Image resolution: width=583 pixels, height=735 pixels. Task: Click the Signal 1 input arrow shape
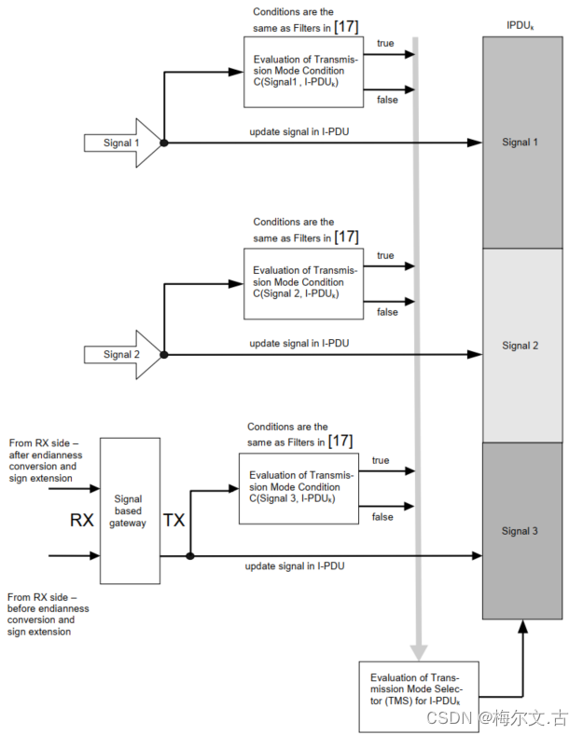click(121, 143)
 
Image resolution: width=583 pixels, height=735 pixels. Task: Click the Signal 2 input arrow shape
click(121, 354)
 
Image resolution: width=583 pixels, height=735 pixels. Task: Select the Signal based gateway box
click(129, 511)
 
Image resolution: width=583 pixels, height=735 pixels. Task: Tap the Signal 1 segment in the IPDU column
click(521, 143)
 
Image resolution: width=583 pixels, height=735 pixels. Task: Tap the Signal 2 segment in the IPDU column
click(521, 346)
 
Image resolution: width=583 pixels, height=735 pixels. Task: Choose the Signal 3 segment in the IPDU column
click(521, 531)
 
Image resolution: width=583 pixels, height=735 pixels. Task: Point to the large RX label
click(82, 520)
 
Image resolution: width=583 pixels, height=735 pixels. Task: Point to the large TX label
click(174, 520)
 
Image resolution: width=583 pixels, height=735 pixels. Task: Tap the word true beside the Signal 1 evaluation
click(384, 44)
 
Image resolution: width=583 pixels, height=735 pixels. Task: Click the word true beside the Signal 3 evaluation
click(381, 460)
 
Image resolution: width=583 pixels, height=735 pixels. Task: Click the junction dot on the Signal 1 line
click(164, 143)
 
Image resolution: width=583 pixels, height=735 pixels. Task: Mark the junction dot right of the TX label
click(190, 556)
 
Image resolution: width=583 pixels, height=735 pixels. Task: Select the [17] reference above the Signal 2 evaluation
click(346, 237)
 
